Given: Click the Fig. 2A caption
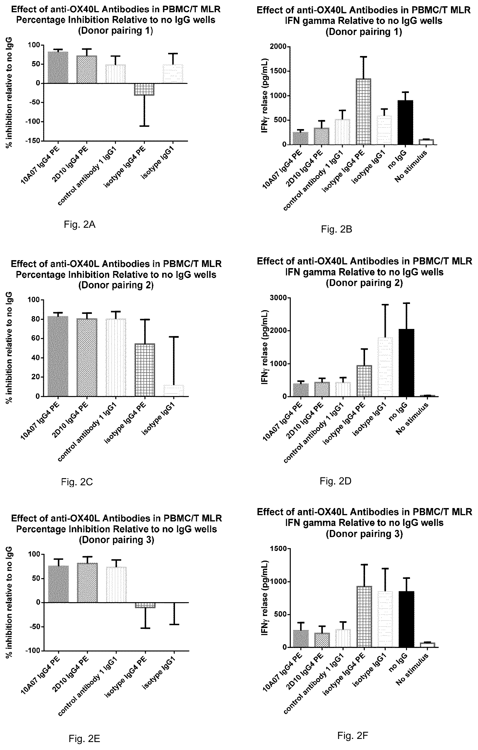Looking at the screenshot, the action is pos(79,224).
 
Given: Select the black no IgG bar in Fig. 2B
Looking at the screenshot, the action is pos(405,123).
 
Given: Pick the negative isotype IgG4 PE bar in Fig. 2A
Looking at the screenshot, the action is pos(144,89).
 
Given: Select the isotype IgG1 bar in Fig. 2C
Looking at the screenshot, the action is pos(174,391).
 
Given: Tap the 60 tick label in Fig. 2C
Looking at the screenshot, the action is pos(35,339).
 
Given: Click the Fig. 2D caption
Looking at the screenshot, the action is pos(336,481).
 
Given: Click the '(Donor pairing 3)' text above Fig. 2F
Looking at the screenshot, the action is pos(364,534).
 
